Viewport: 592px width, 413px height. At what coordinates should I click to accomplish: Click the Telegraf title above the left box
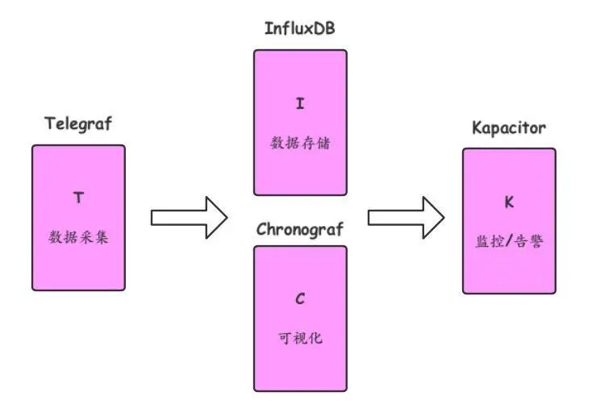(x=78, y=123)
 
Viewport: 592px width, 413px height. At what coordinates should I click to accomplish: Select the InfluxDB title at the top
(x=300, y=29)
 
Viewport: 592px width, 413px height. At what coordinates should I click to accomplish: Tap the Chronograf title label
(x=300, y=229)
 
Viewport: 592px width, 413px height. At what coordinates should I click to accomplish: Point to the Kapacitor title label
(x=509, y=128)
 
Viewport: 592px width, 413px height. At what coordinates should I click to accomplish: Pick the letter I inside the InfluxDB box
(x=300, y=104)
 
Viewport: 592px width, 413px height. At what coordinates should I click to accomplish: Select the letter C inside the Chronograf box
(x=300, y=299)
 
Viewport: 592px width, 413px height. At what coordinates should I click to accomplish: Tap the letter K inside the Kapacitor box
(x=509, y=202)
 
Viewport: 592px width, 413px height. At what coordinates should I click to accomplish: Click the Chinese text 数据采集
(x=78, y=238)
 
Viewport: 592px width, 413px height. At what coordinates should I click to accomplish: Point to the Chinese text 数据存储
(x=300, y=144)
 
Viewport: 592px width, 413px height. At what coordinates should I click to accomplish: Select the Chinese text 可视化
(x=300, y=338)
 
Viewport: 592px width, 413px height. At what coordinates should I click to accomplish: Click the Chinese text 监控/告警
(x=509, y=240)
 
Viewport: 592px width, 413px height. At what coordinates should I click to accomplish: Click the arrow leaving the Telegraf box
(x=190, y=218)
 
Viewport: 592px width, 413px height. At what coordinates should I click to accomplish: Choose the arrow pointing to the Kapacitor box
(x=406, y=218)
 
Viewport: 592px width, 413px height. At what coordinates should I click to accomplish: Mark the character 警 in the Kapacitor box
(x=535, y=240)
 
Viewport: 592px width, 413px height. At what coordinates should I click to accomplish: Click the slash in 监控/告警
(x=510, y=240)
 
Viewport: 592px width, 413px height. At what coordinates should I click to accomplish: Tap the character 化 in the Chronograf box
(x=316, y=338)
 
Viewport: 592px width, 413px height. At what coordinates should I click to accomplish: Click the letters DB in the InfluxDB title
(x=325, y=29)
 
